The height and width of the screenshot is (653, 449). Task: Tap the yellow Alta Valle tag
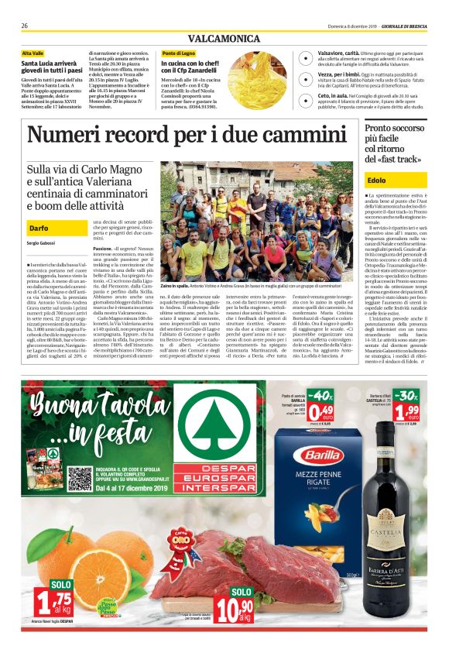click(x=33, y=53)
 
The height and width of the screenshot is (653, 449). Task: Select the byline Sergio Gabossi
click(x=42, y=243)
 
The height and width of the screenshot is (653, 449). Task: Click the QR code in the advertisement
click(x=80, y=479)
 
